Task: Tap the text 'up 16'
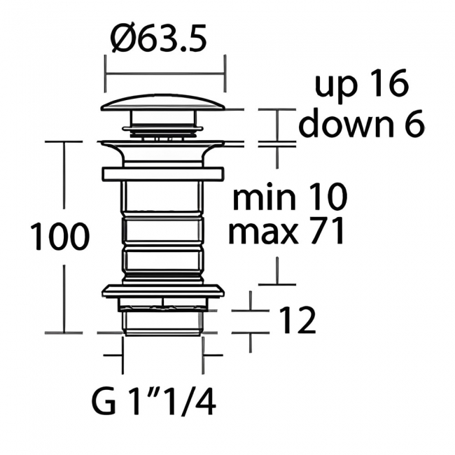360,85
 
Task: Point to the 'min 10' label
289,199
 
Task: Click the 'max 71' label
287,232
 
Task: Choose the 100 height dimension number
59,238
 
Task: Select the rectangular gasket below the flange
162,174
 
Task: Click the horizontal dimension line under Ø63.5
164,71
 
